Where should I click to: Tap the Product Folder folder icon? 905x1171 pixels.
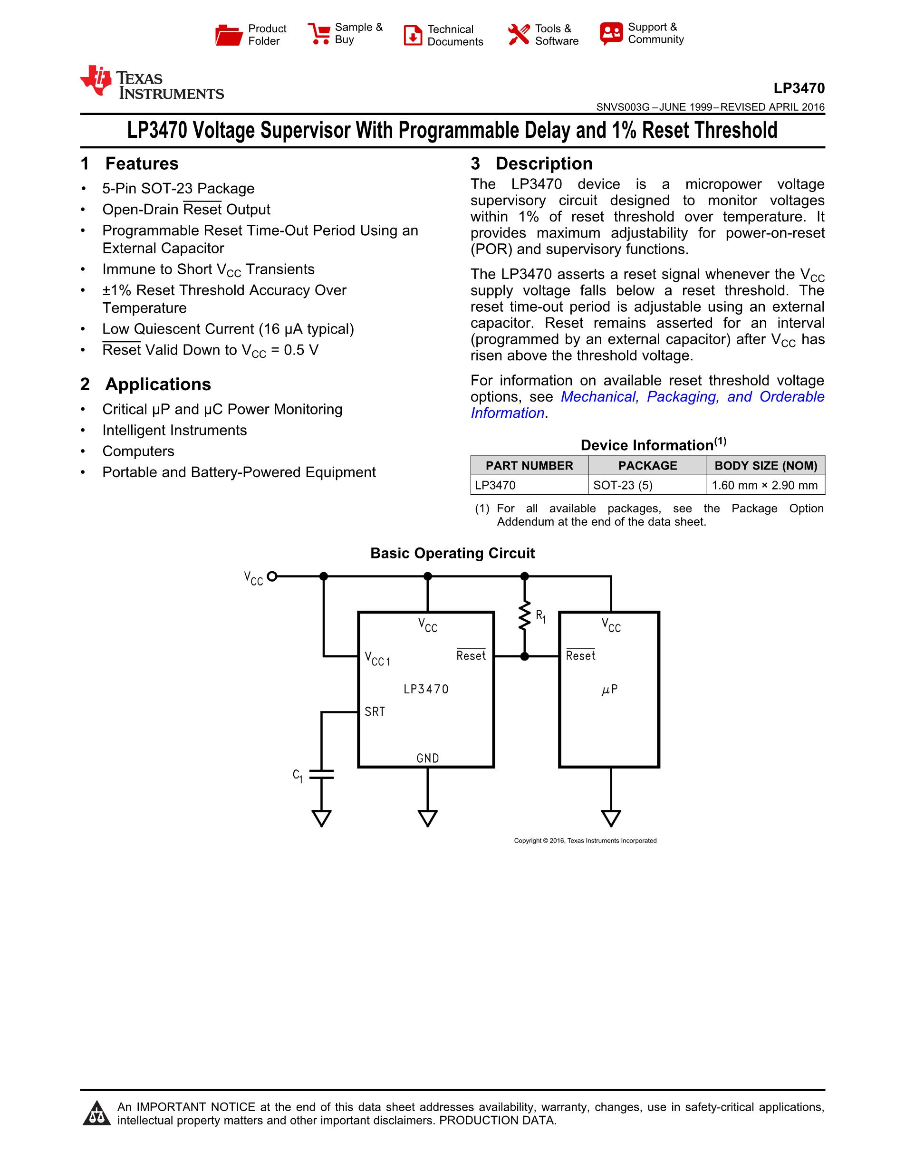pyautogui.click(x=229, y=35)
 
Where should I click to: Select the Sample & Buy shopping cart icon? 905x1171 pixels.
pyautogui.click(x=319, y=33)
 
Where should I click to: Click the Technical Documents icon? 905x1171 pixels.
pyautogui.click(x=412, y=35)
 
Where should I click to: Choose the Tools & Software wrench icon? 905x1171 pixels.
pyautogui.click(x=519, y=34)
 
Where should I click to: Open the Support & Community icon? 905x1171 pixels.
pyautogui.click(x=611, y=33)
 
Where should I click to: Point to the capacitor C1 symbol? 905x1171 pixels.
pyautogui.click(x=321, y=774)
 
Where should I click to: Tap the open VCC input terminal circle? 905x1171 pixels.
pyautogui.click(x=272, y=576)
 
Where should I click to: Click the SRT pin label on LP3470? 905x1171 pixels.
pyautogui.click(x=375, y=711)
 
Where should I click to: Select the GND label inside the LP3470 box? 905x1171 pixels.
pyautogui.click(x=427, y=758)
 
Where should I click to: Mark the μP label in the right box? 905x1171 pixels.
pyautogui.click(x=609, y=690)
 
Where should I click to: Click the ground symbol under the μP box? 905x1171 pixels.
pyautogui.click(x=611, y=818)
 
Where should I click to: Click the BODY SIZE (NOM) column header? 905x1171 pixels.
pyautogui.click(x=766, y=465)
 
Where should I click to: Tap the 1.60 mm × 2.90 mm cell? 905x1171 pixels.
pyautogui.click(x=764, y=485)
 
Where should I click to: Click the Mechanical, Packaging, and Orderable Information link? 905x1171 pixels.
pyautogui.click(x=692, y=397)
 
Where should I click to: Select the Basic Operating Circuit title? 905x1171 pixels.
pyautogui.click(x=452, y=553)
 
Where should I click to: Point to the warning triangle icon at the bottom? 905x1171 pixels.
pyautogui.click(x=96, y=1113)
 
